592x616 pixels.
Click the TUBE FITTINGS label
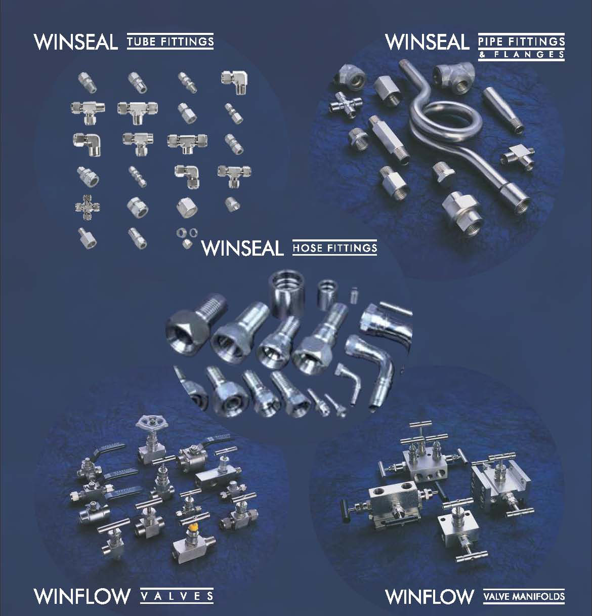[170, 42]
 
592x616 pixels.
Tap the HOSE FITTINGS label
[335, 248]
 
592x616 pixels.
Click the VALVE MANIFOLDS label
[524, 596]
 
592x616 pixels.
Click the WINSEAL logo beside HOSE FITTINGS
[242, 248]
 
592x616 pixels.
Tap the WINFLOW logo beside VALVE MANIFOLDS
[430, 596]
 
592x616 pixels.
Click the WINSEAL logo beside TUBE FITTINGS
[75, 42]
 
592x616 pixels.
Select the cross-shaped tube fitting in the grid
[88, 207]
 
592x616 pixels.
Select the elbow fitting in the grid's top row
[234, 81]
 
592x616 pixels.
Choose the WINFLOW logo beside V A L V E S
[82, 596]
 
